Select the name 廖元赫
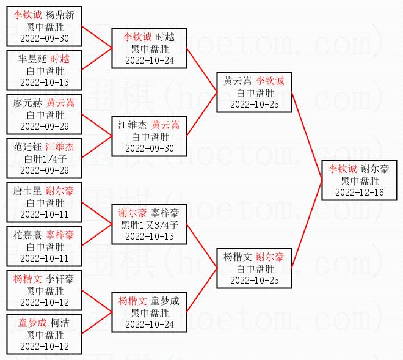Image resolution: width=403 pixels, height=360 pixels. (x=27, y=103)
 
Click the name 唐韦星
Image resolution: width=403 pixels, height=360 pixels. (x=27, y=191)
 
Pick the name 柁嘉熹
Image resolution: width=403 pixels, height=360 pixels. (x=27, y=235)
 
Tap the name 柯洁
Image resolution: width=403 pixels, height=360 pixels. (x=59, y=322)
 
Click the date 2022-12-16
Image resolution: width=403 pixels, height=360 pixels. (x=359, y=192)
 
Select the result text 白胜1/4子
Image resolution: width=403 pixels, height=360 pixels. (x=45, y=159)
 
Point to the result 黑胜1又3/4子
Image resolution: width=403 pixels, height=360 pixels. (x=149, y=225)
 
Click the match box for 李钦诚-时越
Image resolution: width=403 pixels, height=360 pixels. (x=149, y=48)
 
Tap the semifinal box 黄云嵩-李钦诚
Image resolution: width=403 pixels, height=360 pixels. (x=254, y=92)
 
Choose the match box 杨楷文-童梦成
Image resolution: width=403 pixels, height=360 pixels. (x=149, y=312)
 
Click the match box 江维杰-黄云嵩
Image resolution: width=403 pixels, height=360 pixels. (x=149, y=136)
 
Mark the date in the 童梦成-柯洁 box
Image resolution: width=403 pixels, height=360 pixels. (x=45, y=346)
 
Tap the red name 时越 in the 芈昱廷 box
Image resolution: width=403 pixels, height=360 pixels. (x=60, y=59)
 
